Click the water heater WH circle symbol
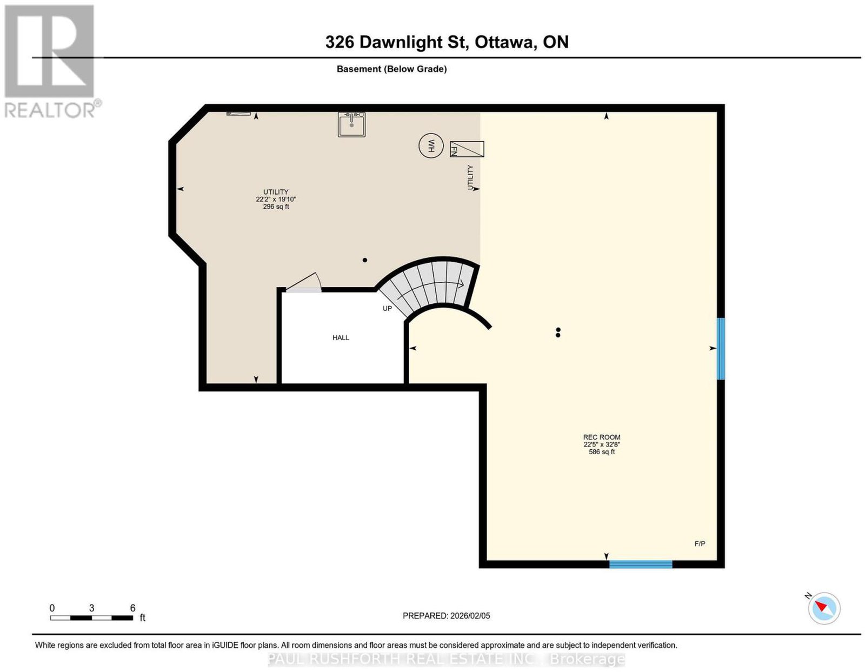[x=431, y=145]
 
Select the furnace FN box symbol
[x=467, y=149]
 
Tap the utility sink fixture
[x=351, y=124]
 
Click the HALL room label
[x=341, y=338]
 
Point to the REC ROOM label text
[x=602, y=437]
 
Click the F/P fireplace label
[x=700, y=543]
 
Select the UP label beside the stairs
[x=387, y=308]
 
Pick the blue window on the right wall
[x=721, y=349]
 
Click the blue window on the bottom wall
[x=641, y=564]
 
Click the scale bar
[x=91, y=618]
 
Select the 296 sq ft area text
[x=276, y=207]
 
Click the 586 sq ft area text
[x=602, y=452]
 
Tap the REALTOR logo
[x=50, y=62]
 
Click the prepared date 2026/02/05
[x=470, y=616]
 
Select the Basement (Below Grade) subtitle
[x=392, y=69]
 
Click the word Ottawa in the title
[x=504, y=42]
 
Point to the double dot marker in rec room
[x=558, y=332]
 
